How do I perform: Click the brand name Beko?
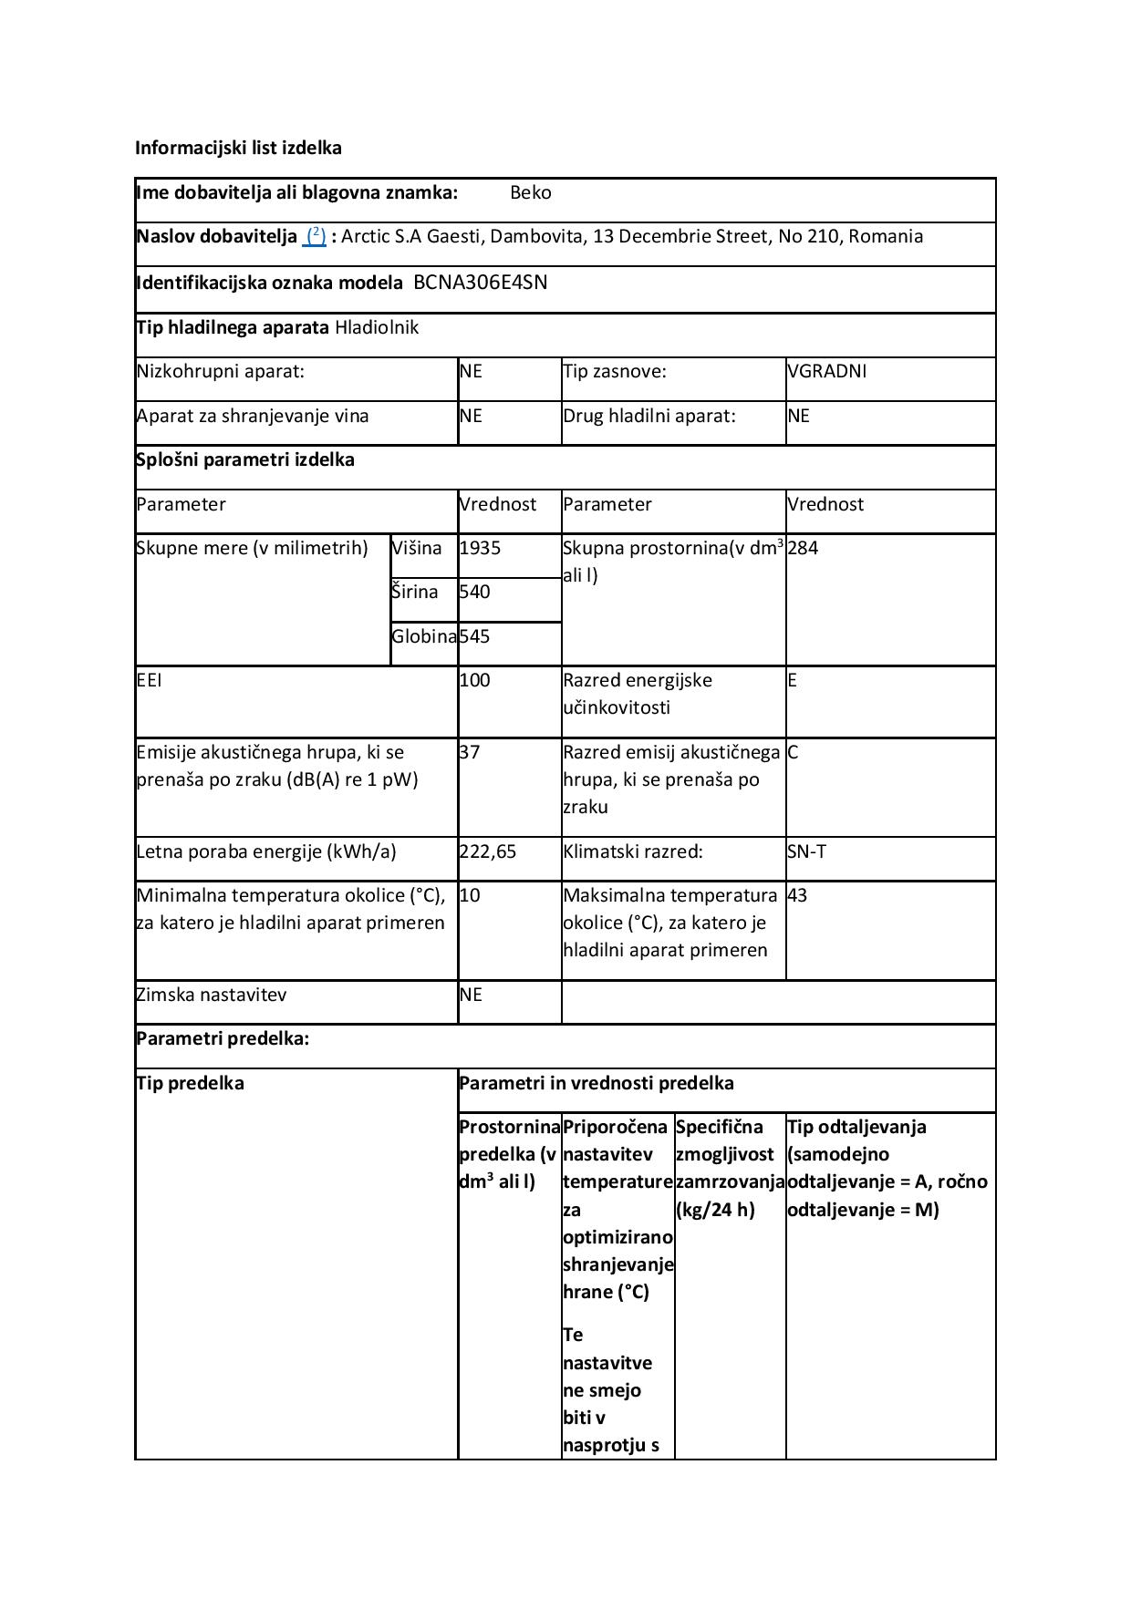click(530, 192)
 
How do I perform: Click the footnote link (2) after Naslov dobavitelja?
click(315, 236)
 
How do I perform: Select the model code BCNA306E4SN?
click(480, 282)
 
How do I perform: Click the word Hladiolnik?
click(377, 327)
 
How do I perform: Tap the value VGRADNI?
click(826, 371)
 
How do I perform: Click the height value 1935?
click(480, 548)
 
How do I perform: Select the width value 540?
click(474, 592)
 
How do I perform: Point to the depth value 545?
click(474, 636)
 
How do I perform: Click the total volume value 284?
click(803, 548)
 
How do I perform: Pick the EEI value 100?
click(474, 680)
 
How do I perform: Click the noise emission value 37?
click(469, 752)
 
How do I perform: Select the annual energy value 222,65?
click(487, 851)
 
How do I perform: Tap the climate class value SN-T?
click(806, 851)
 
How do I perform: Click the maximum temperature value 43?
click(797, 895)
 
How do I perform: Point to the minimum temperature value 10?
click(469, 895)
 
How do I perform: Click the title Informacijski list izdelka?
click(238, 148)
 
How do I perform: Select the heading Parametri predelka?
click(223, 1038)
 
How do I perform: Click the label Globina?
click(424, 636)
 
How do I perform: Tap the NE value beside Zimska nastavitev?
click(470, 995)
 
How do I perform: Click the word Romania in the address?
click(886, 236)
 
